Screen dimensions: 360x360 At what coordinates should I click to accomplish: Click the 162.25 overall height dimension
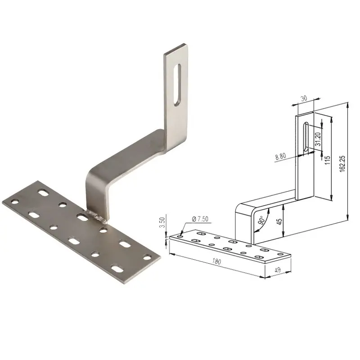(x=342, y=164)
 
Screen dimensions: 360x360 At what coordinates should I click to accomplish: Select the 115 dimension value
(x=328, y=160)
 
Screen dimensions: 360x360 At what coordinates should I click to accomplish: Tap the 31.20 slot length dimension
(x=318, y=139)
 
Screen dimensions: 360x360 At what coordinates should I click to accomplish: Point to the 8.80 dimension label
(x=280, y=156)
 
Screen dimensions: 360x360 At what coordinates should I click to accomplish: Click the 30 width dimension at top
(x=303, y=99)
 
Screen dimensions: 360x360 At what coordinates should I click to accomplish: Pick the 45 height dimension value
(x=279, y=221)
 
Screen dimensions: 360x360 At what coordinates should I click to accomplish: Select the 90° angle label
(x=262, y=220)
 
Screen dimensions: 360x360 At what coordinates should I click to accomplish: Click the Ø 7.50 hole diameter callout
(x=200, y=219)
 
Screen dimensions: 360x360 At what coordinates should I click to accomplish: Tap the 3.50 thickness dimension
(x=162, y=222)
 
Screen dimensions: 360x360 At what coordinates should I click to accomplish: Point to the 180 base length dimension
(x=216, y=261)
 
